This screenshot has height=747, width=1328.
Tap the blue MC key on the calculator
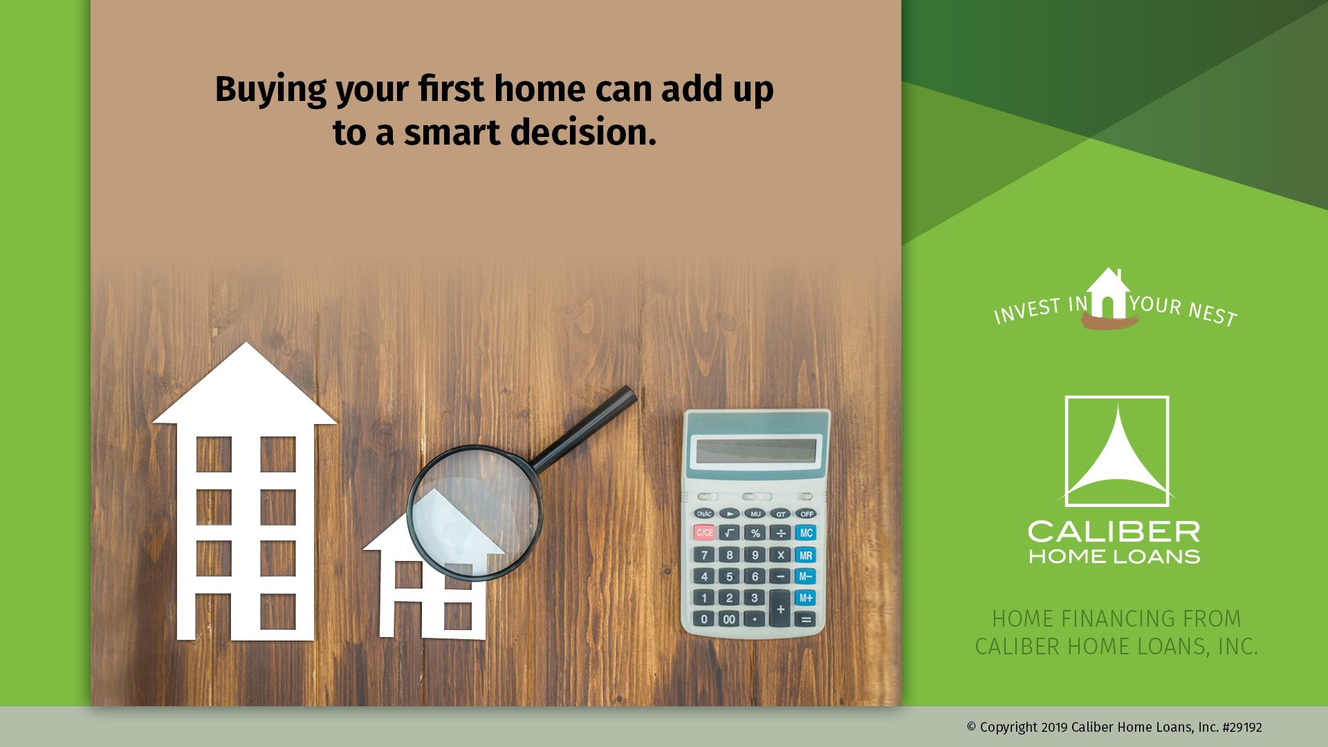806,533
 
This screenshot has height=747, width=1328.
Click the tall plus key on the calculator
780,609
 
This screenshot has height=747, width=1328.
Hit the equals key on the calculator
806,620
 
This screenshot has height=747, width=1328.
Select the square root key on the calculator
730,533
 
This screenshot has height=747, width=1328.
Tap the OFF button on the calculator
806,514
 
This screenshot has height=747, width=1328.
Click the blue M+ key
806,598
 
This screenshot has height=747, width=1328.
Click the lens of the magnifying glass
474,512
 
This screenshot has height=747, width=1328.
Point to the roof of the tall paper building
245,384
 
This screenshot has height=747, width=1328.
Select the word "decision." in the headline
583,132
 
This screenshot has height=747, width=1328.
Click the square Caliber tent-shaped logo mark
1117,451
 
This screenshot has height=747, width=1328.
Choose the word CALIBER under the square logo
1114,532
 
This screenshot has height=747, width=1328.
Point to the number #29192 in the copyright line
1242,728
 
